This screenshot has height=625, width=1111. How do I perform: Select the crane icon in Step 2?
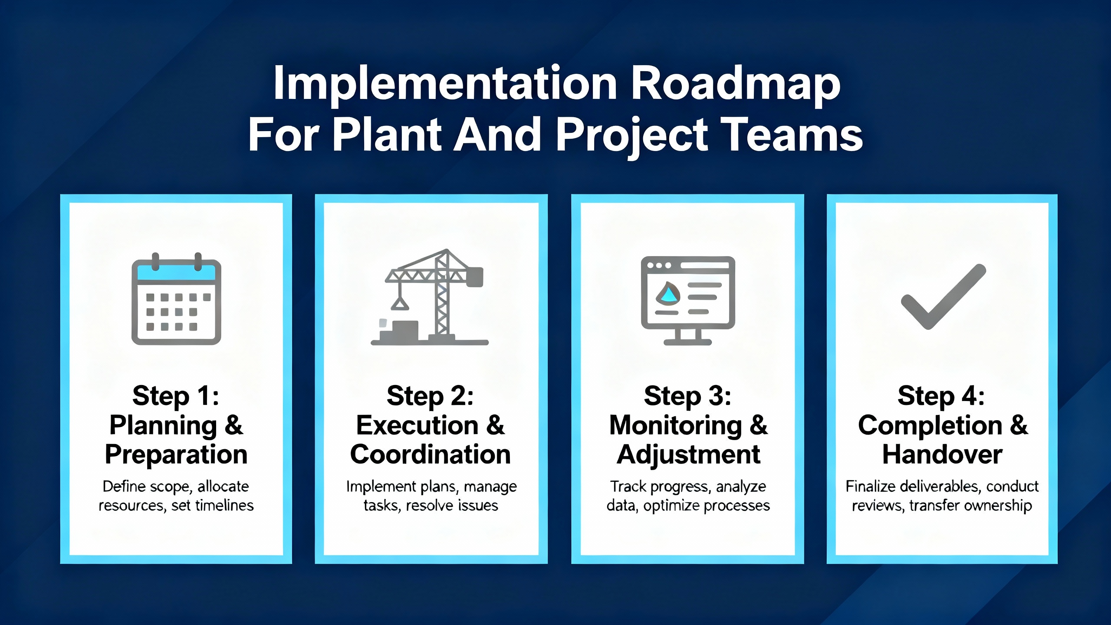pyautogui.click(x=430, y=297)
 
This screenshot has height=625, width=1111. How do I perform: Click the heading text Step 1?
pyautogui.click(x=176, y=396)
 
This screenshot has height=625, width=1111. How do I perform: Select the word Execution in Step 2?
pyautogui.click(x=417, y=425)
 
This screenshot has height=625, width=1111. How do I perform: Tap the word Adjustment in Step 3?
pyautogui.click(x=688, y=455)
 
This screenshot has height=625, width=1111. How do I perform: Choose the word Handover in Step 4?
pyautogui.click(x=942, y=454)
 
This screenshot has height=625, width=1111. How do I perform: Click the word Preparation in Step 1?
pyautogui.click(x=176, y=455)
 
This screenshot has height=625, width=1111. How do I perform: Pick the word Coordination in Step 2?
pyautogui.click(x=430, y=454)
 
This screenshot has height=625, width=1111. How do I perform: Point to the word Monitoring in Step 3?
pyautogui.click(x=675, y=426)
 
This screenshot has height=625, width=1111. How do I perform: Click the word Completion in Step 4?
pyautogui.click(x=930, y=425)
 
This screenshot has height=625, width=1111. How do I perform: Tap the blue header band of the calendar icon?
pyautogui.click(x=176, y=273)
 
